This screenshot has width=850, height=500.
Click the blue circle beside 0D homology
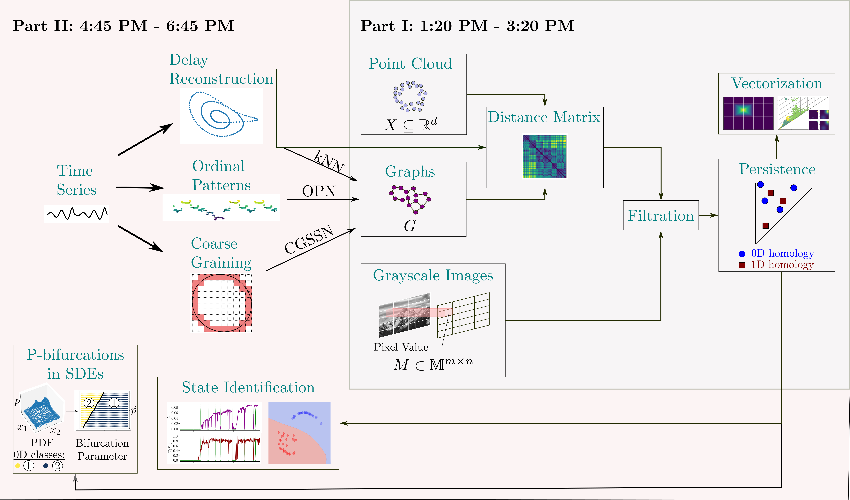(x=742, y=254)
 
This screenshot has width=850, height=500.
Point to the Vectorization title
(x=776, y=83)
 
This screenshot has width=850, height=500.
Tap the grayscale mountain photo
(x=404, y=315)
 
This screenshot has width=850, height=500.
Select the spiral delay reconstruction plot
(x=221, y=115)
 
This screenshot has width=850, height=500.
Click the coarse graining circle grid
(x=222, y=303)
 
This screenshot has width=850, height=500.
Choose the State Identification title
(x=248, y=387)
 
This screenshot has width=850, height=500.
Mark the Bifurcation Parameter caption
(x=102, y=449)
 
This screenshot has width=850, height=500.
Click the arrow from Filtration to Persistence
(x=708, y=215)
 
